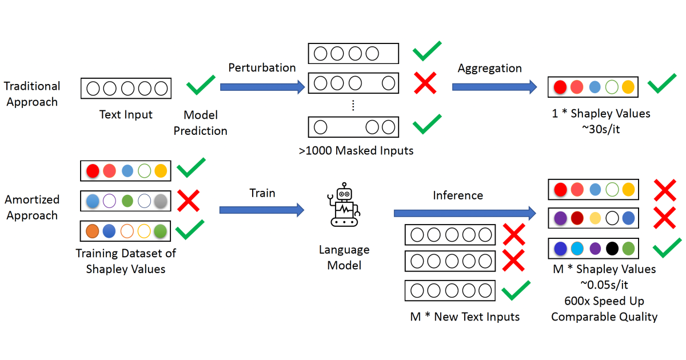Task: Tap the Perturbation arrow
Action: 262,87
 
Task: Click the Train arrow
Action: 262,210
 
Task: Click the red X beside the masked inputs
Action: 425,83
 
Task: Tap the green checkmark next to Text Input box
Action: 201,86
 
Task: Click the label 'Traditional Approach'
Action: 32,94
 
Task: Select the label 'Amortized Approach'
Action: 32,208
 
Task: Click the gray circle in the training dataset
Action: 161,201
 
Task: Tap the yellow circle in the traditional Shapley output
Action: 628,87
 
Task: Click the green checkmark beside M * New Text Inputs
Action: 517,291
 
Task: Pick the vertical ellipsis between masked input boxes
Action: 353,105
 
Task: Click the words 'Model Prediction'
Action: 201,123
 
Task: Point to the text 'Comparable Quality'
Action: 604,317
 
